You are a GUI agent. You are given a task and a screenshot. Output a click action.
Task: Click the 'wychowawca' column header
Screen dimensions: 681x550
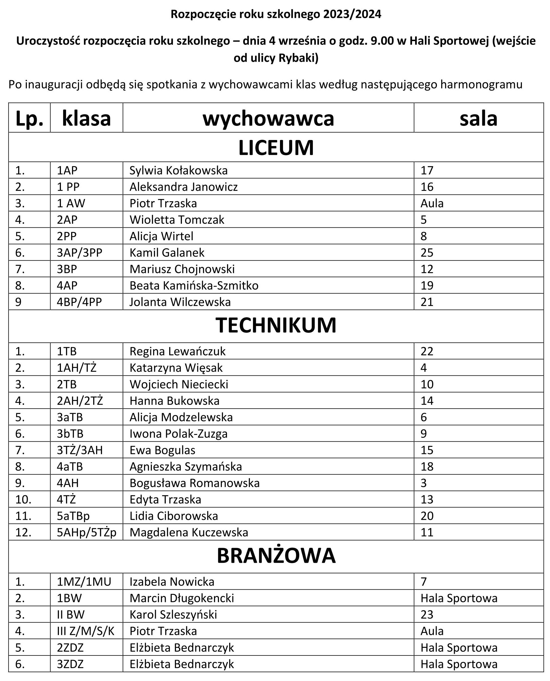(268, 119)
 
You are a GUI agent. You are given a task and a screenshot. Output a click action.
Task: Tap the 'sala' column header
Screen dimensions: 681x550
(478, 119)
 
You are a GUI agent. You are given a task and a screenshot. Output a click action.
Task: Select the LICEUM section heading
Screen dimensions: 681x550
(276, 148)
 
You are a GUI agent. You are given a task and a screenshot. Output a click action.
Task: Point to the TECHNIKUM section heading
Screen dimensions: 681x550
(276, 325)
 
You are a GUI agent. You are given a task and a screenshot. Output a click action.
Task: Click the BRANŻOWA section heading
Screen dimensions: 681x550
(276, 555)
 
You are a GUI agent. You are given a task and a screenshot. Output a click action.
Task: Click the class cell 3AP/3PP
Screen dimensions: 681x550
(80, 253)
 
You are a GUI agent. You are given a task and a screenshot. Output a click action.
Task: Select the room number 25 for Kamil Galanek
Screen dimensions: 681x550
(427, 253)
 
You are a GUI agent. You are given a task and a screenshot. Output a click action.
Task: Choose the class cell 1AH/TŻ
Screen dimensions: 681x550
(77, 368)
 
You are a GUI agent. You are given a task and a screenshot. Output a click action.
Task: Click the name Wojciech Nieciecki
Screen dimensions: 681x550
(179, 384)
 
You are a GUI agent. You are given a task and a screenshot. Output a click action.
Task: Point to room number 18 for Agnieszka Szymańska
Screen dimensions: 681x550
(427, 467)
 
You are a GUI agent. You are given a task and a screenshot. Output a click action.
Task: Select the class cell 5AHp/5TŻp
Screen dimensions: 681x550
(86, 532)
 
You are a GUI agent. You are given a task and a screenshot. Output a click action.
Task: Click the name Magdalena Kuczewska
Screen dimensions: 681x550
(189, 532)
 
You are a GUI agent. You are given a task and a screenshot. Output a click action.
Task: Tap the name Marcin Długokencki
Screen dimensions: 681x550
(182, 598)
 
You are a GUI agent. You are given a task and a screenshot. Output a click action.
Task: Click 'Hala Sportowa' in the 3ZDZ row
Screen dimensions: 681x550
(459, 664)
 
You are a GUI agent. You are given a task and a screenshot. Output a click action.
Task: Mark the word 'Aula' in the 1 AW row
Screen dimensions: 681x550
(432, 204)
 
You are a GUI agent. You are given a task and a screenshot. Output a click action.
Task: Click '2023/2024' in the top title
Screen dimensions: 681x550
(352, 14)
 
